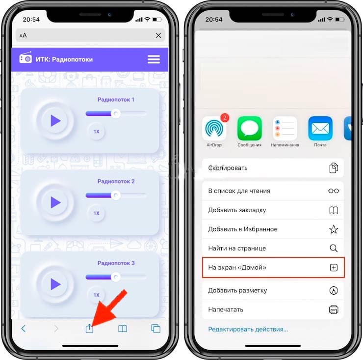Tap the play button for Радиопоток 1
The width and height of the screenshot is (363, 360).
(x=55, y=120)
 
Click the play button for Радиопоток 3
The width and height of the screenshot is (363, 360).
(x=55, y=284)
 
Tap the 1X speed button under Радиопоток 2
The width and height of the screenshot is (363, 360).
(x=96, y=213)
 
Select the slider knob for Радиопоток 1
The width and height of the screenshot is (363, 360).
(x=116, y=113)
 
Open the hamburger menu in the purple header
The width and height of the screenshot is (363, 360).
(x=154, y=59)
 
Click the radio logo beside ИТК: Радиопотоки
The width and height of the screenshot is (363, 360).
(x=26, y=57)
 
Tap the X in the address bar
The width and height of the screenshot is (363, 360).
(x=158, y=35)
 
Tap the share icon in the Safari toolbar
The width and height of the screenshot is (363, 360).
(x=89, y=328)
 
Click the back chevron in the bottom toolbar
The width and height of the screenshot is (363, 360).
(x=24, y=329)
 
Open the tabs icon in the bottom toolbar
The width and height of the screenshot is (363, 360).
(x=156, y=329)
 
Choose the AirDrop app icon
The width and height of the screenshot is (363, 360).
(x=214, y=128)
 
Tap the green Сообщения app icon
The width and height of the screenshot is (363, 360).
(x=250, y=128)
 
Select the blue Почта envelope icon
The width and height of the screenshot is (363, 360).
(x=320, y=128)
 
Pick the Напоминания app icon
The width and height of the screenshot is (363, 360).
(x=285, y=128)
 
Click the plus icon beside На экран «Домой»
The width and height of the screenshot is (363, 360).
(x=334, y=268)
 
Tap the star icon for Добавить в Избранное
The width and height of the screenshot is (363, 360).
(x=334, y=229)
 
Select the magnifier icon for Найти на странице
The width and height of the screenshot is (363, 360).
(x=334, y=249)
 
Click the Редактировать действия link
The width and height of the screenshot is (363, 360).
(x=248, y=330)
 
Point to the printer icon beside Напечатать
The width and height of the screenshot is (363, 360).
(x=334, y=310)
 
